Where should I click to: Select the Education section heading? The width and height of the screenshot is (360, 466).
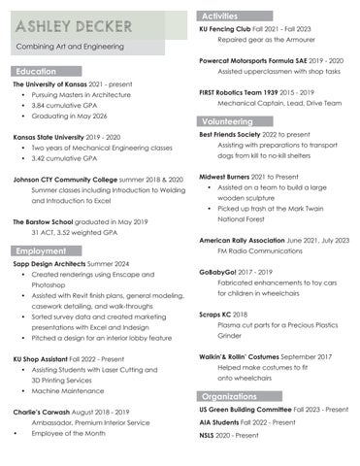coord(36,71)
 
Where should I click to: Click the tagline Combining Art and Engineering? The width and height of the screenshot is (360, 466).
coord(74,48)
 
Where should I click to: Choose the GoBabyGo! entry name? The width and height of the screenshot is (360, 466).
coord(219,272)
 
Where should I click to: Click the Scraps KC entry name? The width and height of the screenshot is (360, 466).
coord(216,314)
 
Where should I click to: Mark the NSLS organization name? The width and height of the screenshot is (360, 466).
coord(210,436)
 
